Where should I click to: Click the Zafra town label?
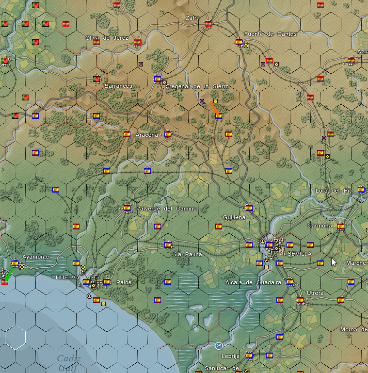[x=192, y=18]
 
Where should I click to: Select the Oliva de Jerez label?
[x=107, y=38]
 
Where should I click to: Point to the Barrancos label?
[x=118, y=86]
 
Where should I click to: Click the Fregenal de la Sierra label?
[x=197, y=86]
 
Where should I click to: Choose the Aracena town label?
[x=147, y=135]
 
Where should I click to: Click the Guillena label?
[x=234, y=218]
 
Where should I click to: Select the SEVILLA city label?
[x=299, y=254]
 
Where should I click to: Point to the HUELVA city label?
[x=67, y=277]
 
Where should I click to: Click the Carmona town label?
[x=320, y=226]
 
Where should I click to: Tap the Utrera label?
[x=315, y=293]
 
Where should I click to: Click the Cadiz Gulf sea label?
[x=68, y=363]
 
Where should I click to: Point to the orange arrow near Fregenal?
[x=214, y=108]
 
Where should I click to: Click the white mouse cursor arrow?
[x=334, y=262]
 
